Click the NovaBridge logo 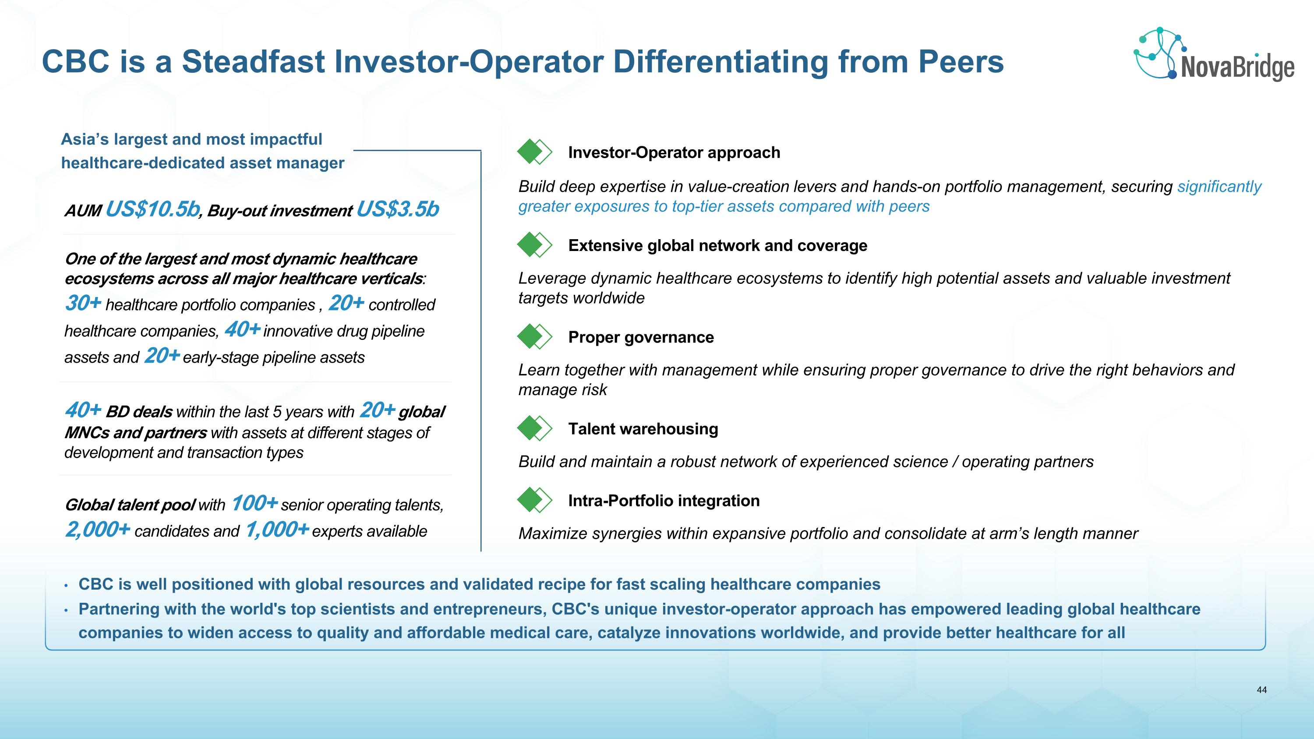click(1214, 55)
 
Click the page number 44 click(1261, 690)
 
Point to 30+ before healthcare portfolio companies click(83, 303)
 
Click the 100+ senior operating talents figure click(254, 503)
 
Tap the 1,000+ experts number click(277, 530)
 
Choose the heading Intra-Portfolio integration click(664, 501)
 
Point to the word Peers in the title click(961, 61)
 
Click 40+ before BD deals click(83, 410)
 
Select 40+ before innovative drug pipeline click(242, 329)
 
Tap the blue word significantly click(1219, 187)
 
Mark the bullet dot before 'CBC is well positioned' click(66, 586)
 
